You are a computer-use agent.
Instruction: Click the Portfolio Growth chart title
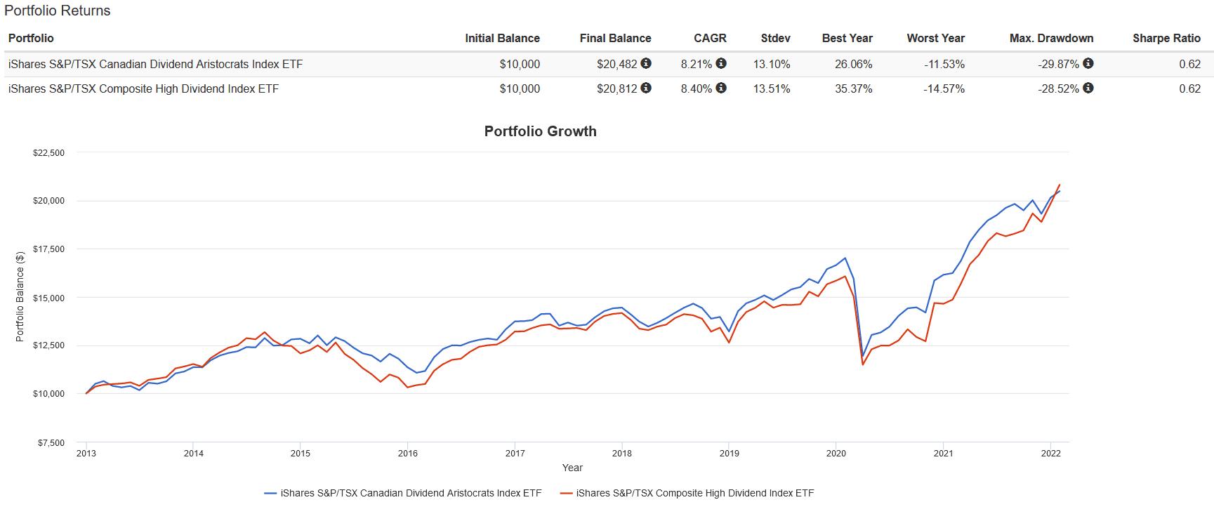(540, 131)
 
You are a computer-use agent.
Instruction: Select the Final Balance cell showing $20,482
(616, 64)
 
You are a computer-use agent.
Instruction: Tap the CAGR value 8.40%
(696, 88)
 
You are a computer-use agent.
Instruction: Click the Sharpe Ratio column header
(1166, 38)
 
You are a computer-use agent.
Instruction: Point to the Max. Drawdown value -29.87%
(1058, 64)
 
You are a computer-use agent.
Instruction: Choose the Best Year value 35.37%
(853, 88)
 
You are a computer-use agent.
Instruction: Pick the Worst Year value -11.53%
(944, 64)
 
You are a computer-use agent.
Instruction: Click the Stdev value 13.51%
(771, 88)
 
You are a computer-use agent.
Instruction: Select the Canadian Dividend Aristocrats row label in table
(155, 64)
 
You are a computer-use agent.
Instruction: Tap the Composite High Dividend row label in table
(143, 88)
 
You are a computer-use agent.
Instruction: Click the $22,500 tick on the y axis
(48, 152)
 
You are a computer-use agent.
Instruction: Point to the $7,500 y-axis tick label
(51, 442)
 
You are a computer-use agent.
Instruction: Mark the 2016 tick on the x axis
(408, 454)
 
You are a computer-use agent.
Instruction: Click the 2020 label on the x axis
(836, 454)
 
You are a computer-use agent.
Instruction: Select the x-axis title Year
(572, 468)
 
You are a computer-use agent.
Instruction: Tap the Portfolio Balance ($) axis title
(20, 297)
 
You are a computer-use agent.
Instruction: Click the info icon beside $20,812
(646, 88)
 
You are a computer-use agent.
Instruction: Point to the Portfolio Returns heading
(58, 11)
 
